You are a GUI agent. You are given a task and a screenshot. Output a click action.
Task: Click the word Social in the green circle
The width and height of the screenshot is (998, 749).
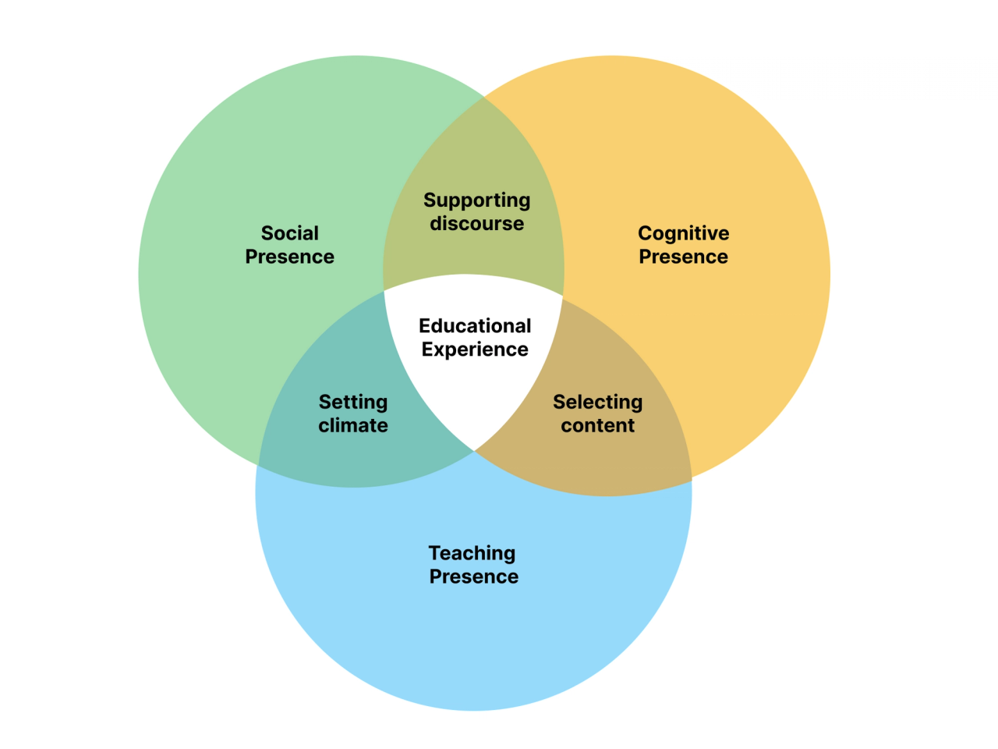(289, 233)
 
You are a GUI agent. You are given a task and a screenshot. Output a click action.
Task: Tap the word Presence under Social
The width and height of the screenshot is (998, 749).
(289, 257)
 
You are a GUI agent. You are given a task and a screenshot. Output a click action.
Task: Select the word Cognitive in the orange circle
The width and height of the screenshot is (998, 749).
(683, 233)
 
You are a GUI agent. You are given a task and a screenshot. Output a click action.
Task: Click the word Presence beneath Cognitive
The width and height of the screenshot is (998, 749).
(683, 257)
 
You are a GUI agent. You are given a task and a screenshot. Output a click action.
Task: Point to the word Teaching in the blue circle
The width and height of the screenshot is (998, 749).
(472, 553)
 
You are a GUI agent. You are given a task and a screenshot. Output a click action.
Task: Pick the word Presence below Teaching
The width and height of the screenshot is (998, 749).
(473, 577)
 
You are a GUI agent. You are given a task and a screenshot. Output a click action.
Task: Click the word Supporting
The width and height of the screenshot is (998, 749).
(476, 201)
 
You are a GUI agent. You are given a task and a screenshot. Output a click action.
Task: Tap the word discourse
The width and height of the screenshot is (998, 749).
(476, 224)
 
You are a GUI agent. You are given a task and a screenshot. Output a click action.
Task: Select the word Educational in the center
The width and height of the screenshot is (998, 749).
(475, 325)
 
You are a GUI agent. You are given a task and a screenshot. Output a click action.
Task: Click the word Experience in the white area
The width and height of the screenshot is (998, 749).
(475, 349)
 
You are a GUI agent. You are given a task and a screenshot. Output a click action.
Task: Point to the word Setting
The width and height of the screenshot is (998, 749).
(352, 402)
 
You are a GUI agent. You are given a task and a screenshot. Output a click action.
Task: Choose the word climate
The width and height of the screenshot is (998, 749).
(352, 425)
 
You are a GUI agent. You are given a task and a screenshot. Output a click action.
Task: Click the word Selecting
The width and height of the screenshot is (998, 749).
(597, 402)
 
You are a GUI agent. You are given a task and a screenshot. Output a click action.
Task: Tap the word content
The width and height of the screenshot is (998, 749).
(597, 425)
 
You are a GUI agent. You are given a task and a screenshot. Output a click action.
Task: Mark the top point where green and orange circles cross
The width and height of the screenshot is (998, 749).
(484, 97)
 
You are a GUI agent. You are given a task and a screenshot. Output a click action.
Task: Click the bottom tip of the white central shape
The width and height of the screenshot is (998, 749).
(474, 451)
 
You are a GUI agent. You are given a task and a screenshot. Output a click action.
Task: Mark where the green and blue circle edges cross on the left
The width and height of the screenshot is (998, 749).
(258, 465)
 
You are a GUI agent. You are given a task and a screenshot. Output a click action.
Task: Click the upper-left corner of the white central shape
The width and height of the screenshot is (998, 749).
(384, 291)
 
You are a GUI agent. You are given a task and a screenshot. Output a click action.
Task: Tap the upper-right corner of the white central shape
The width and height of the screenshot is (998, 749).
(563, 296)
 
